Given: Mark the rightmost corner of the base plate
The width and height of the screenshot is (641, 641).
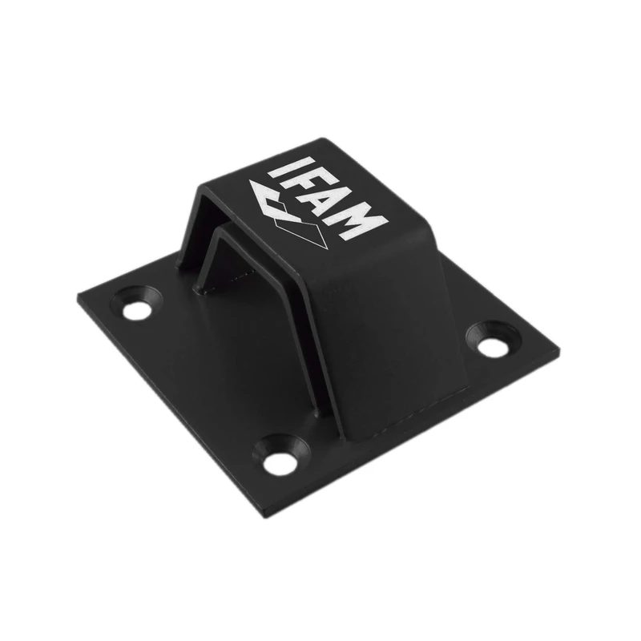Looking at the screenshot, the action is click(x=558, y=350).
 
